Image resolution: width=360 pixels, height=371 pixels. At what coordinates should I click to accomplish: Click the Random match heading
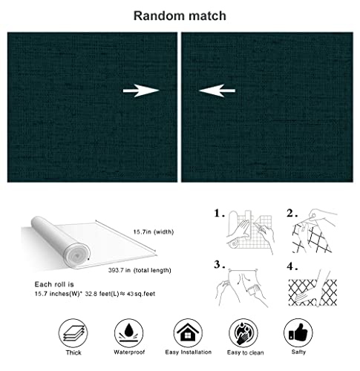(180, 15)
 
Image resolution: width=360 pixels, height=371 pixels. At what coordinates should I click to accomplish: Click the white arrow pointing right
(141, 91)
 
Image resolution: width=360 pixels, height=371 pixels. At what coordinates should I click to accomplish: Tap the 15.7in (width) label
(153, 232)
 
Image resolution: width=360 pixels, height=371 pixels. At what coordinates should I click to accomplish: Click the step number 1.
(219, 214)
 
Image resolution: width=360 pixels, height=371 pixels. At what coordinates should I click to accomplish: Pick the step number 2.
(292, 214)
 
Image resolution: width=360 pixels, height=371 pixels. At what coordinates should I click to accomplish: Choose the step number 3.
(219, 264)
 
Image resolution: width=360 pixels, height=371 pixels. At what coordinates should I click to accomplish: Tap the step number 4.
(292, 264)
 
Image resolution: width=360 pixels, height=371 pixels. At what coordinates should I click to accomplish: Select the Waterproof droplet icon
(128, 331)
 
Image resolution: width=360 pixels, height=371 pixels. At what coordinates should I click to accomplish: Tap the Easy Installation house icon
(185, 331)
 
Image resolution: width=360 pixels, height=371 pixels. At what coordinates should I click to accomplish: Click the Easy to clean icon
(242, 331)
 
